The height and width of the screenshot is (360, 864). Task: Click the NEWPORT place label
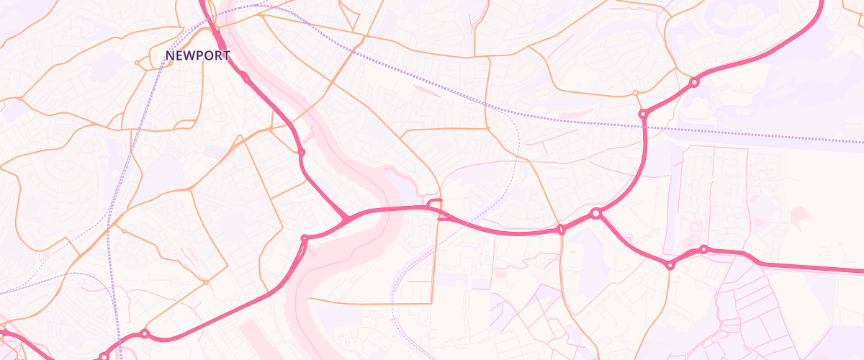click(197, 55)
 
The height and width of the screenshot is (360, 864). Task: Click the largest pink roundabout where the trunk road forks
click(595, 213)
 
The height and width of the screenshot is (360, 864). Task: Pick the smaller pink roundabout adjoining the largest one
click(561, 230)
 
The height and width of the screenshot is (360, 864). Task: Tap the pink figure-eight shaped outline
click(696, 232)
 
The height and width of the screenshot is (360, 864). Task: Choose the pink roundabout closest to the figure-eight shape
click(703, 249)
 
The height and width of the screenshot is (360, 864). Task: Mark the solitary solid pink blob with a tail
click(798, 215)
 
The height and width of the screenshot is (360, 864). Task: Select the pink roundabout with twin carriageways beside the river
click(305, 238)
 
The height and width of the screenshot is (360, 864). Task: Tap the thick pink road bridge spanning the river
click(382, 210)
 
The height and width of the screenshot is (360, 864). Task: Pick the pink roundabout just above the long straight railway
click(643, 114)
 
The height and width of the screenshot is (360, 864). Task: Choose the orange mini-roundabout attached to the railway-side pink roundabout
click(635, 93)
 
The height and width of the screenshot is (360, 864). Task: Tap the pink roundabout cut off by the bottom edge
click(104, 356)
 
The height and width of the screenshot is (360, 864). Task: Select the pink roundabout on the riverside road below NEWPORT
click(302, 152)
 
